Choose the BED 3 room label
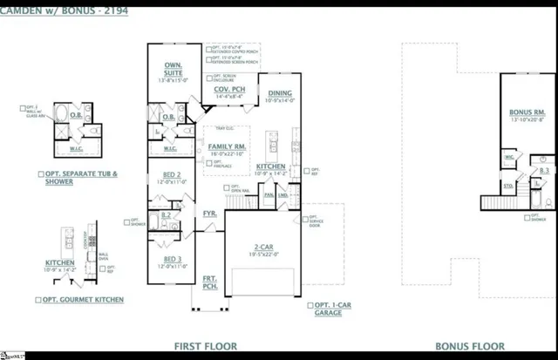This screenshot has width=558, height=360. (x=173, y=259)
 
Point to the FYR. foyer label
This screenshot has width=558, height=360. (x=210, y=212)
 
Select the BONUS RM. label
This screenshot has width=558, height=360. (x=527, y=112)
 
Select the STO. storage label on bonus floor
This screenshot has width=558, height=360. (x=508, y=186)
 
